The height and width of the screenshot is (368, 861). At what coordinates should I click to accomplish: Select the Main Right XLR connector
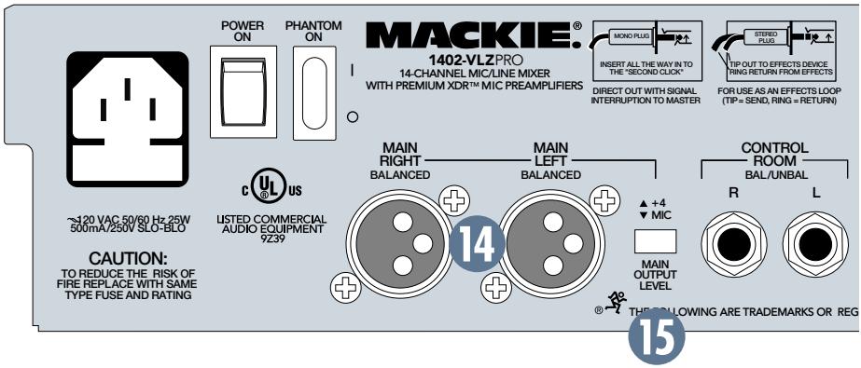click(400, 239)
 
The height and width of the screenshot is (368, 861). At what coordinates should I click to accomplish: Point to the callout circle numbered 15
click(660, 338)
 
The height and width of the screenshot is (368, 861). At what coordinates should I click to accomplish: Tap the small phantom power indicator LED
click(352, 118)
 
